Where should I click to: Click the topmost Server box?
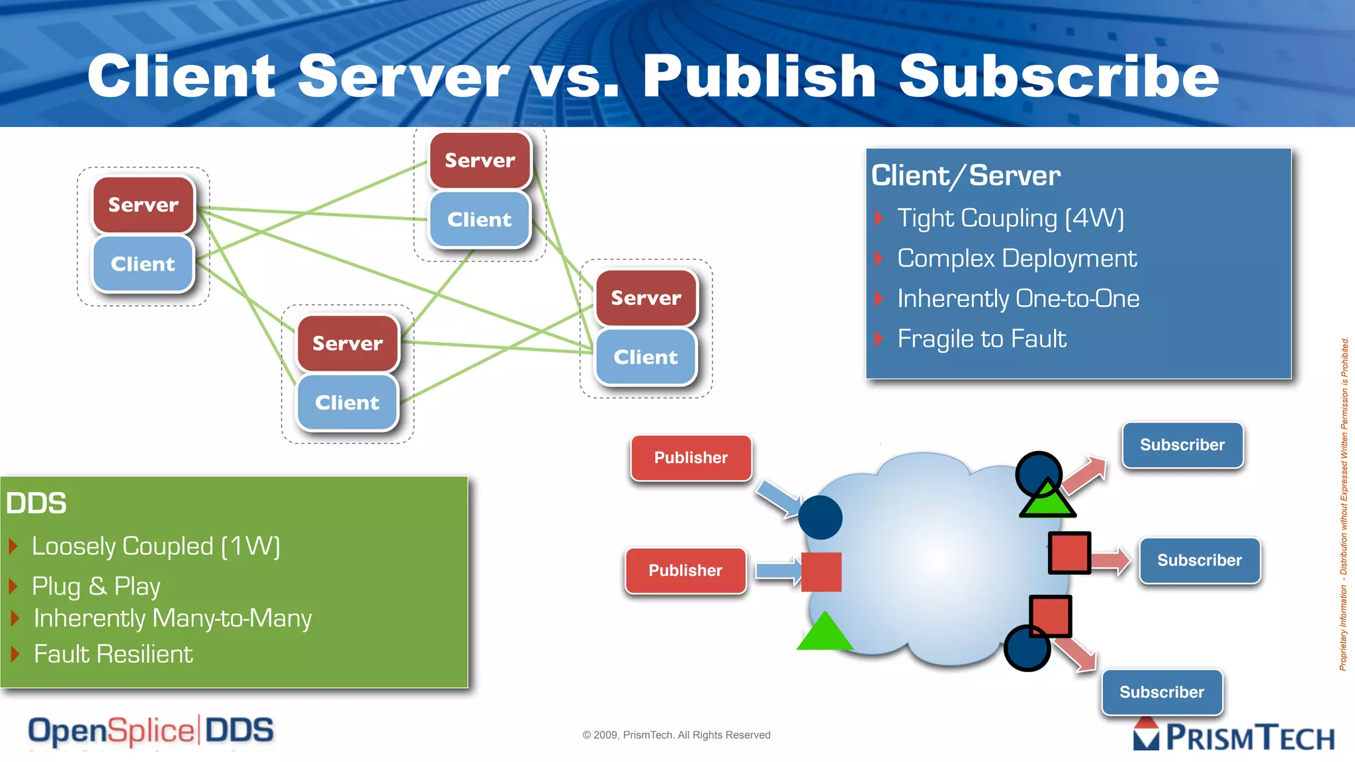click(480, 160)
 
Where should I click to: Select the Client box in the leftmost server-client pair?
click(143, 264)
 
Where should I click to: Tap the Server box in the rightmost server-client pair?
click(646, 298)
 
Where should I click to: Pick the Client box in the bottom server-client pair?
click(347, 402)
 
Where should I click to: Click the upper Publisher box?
click(691, 458)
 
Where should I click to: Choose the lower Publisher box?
click(685, 570)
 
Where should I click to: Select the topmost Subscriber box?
click(1182, 445)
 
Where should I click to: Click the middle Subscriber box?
click(1200, 560)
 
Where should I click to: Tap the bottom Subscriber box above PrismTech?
click(1162, 692)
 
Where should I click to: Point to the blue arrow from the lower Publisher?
click(778, 571)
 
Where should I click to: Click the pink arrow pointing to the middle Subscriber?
click(1110, 561)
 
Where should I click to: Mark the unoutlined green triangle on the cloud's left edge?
click(824, 633)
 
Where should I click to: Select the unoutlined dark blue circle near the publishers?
click(820, 517)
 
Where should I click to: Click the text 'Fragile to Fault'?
click(981, 339)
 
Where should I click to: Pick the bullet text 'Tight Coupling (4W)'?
click(1010, 218)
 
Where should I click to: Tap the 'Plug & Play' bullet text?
click(96, 586)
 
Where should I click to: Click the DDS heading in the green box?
click(36, 503)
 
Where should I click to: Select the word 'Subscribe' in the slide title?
click(1059, 76)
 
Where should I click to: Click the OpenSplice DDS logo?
click(151, 731)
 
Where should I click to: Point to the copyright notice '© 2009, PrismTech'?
click(676, 735)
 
